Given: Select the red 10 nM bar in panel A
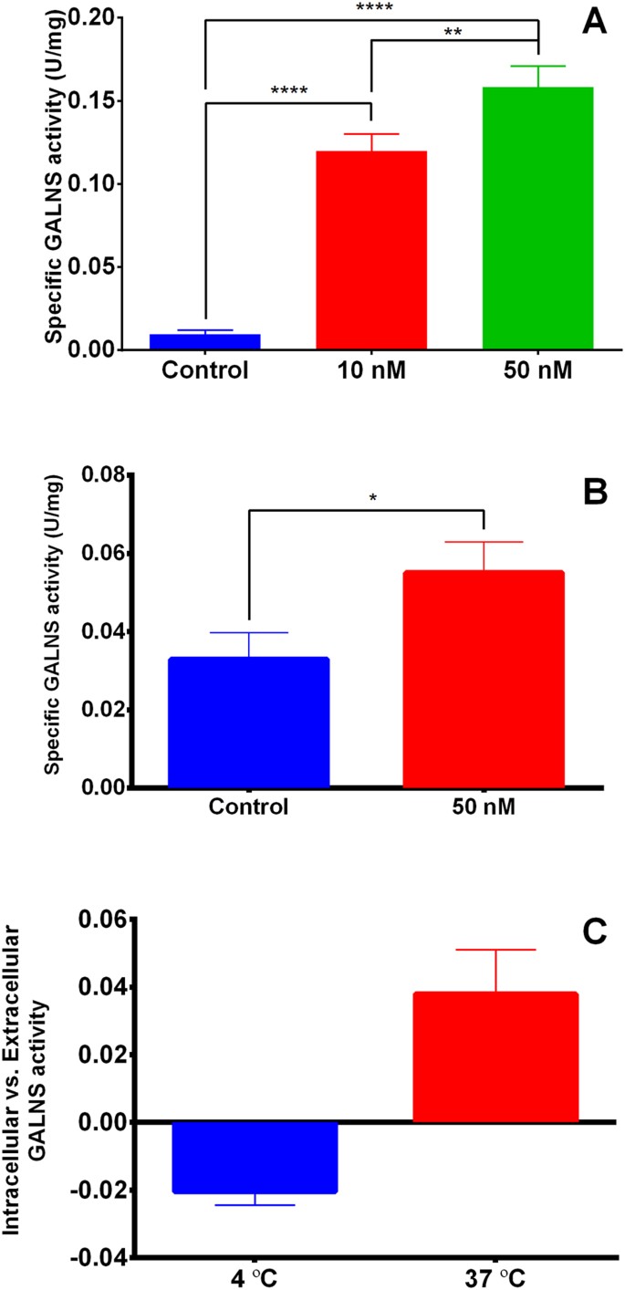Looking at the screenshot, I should pyautogui.click(x=371, y=251).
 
